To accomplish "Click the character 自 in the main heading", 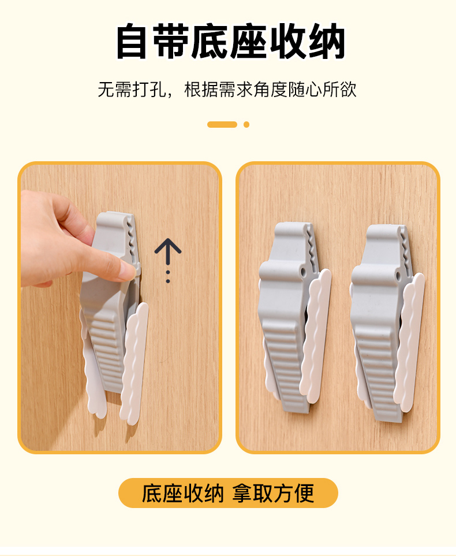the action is tap(132, 41).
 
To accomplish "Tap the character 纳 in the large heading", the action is tap(327, 41).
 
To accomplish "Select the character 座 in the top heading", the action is tap(249, 41).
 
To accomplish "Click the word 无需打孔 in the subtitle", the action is tap(132, 89).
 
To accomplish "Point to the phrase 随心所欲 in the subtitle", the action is tap(322, 89).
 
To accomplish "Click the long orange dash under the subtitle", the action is tap(222, 124).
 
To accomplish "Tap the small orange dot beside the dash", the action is tap(246, 124).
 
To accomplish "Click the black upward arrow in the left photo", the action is tap(168, 252).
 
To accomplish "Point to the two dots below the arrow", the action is tap(168, 277).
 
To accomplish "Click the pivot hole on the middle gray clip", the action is tap(303, 272).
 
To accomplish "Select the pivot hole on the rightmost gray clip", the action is tap(398, 275).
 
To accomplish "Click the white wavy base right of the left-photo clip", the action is tap(134, 364).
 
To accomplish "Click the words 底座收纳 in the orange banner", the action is tap(182, 493).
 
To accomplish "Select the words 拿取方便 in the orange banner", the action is tap(273, 493).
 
